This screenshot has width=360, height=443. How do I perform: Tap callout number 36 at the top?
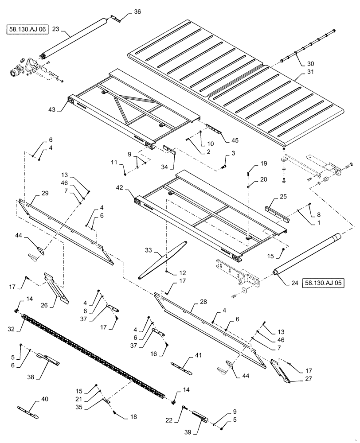pos(137,12)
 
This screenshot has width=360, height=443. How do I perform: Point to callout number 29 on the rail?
pos(45,194)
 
